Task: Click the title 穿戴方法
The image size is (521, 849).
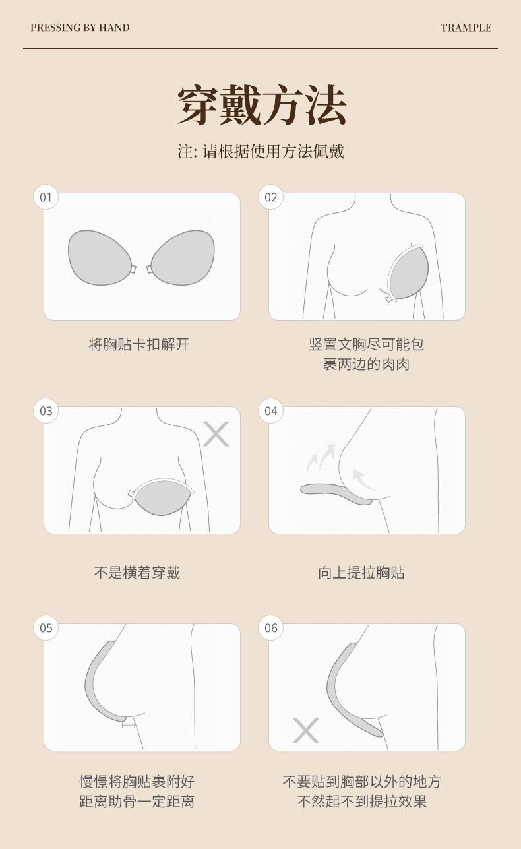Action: (x=261, y=106)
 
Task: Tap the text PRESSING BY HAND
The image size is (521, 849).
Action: (x=80, y=28)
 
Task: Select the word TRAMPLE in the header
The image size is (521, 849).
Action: (x=466, y=28)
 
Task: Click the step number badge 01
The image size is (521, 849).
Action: (x=46, y=197)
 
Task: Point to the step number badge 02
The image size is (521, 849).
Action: (x=271, y=197)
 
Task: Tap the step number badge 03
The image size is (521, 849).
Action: (x=46, y=411)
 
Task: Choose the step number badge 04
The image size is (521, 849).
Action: (x=271, y=411)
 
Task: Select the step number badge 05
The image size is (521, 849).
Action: (x=46, y=627)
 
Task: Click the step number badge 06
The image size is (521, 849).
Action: (x=271, y=627)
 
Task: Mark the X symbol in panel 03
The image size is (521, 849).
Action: (x=216, y=434)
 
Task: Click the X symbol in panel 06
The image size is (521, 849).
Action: (x=305, y=730)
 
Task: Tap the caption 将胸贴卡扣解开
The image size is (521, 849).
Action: (x=139, y=344)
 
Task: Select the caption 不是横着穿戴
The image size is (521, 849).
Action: (x=137, y=573)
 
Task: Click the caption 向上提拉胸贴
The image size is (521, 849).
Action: (x=361, y=573)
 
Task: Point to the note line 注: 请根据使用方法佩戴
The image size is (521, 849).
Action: (x=261, y=152)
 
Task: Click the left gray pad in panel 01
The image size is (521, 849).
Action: (x=99, y=257)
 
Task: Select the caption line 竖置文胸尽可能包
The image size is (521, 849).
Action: (x=367, y=344)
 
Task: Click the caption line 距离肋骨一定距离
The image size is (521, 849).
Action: (x=137, y=802)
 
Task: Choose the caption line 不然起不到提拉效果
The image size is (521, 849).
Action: (x=362, y=802)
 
